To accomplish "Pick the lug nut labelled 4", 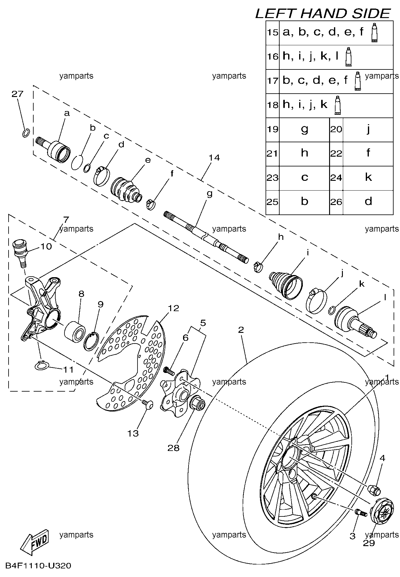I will (374, 489).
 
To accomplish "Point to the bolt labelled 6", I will (169, 370).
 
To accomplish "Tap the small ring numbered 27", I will (26, 133).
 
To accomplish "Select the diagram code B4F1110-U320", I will (38, 566).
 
